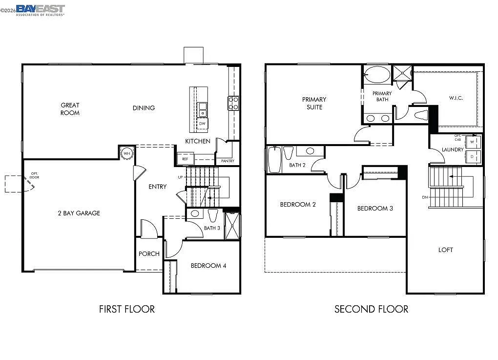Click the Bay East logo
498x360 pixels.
(x=40, y=10)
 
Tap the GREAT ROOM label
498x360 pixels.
(x=70, y=109)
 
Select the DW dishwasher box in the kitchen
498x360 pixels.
(x=202, y=124)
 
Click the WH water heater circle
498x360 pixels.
(x=127, y=153)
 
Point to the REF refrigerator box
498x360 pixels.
(x=185, y=159)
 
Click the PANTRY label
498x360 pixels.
(x=228, y=161)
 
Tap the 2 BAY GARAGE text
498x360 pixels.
(x=79, y=213)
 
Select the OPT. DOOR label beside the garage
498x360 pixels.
(x=34, y=174)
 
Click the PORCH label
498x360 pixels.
(x=149, y=254)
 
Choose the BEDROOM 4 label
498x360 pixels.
(x=208, y=266)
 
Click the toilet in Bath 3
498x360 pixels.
(x=212, y=215)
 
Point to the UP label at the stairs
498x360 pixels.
(x=180, y=177)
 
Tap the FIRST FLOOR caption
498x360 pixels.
(x=127, y=309)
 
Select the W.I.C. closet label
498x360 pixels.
(x=456, y=98)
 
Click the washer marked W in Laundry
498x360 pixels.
(x=472, y=142)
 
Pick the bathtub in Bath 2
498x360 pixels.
(x=274, y=160)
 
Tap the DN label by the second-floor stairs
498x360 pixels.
(x=425, y=197)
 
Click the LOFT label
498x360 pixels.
(x=445, y=250)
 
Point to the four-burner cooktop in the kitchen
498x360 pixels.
(x=233, y=103)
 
